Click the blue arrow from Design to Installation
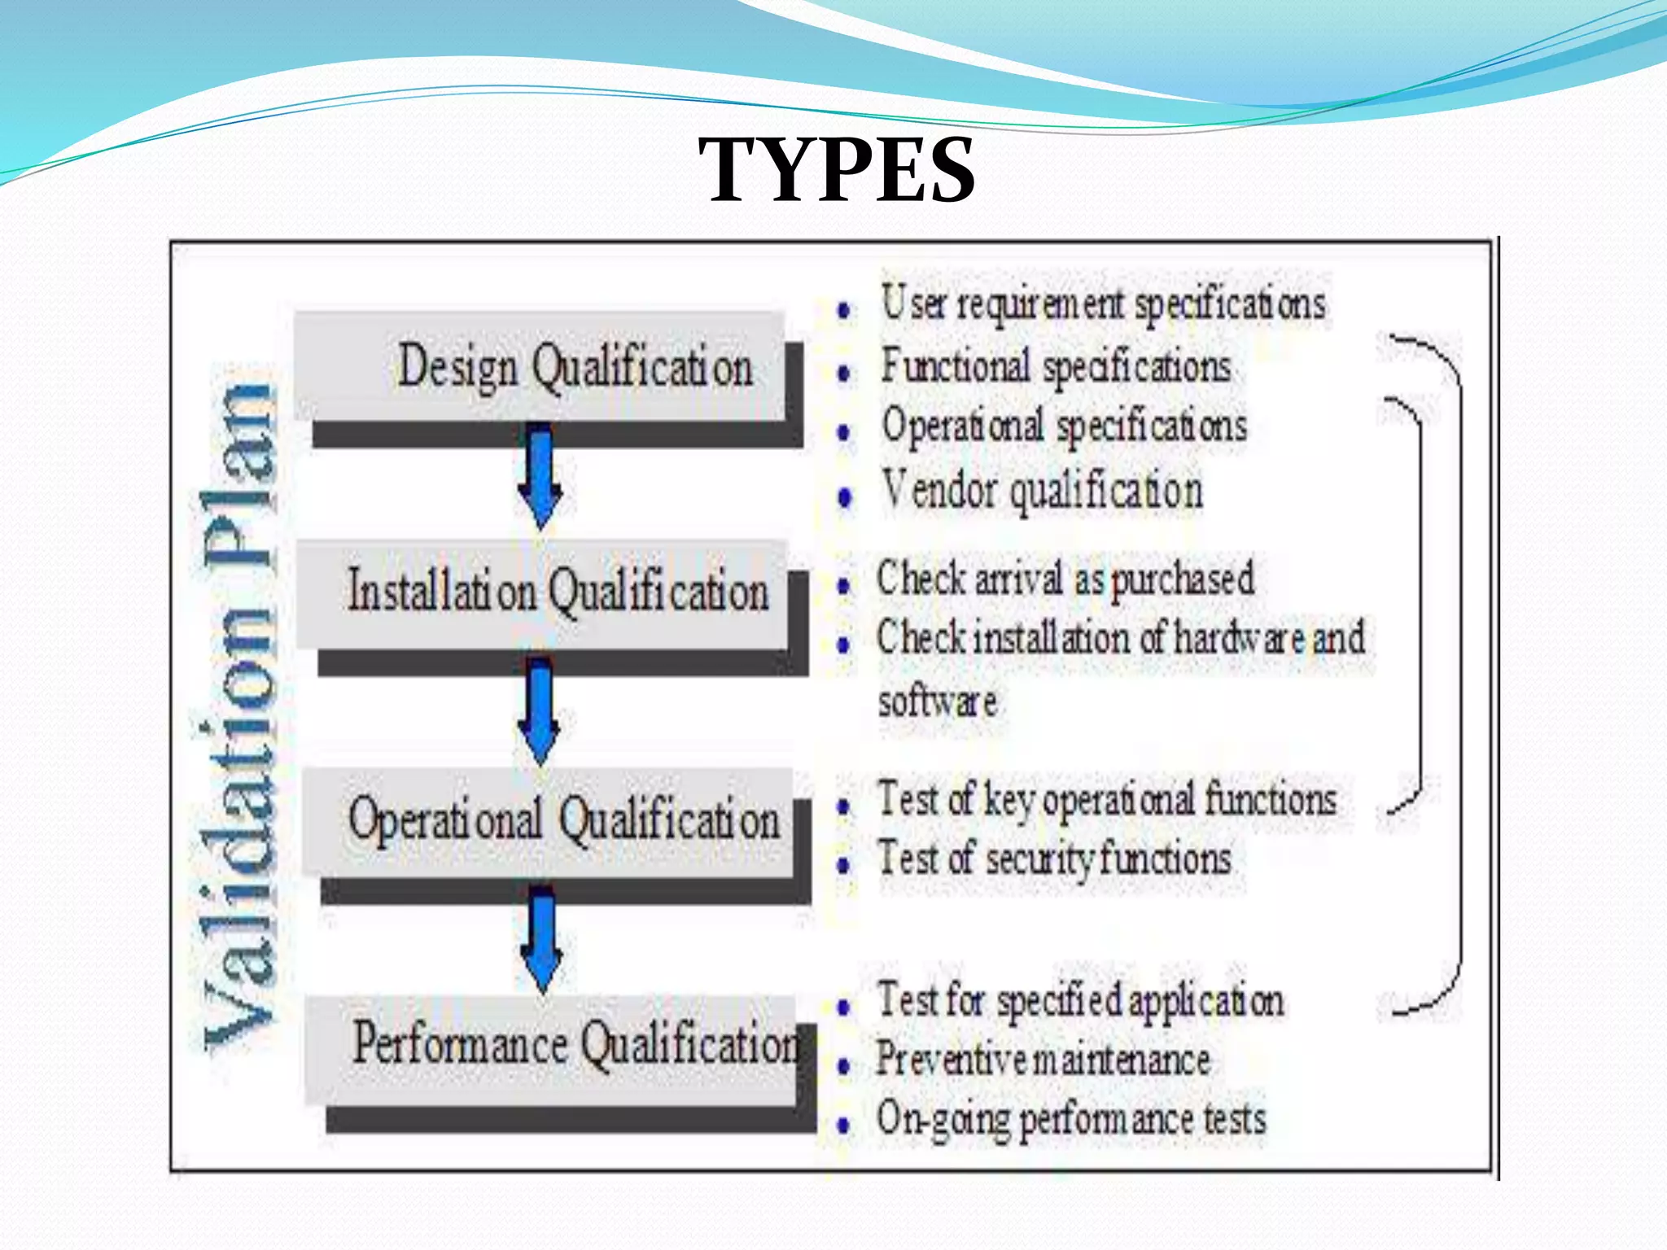coord(540,476)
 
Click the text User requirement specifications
coord(1103,304)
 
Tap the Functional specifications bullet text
coord(1056,366)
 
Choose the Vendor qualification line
coord(1042,492)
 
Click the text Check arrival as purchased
coord(1065,579)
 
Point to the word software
coord(938,701)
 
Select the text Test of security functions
coord(1054,859)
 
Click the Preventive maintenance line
coord(1043,1060)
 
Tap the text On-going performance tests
coord(1071,1119)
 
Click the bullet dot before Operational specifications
coord(844,431)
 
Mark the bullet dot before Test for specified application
coord(844,1007)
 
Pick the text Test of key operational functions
coord(1107,799)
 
